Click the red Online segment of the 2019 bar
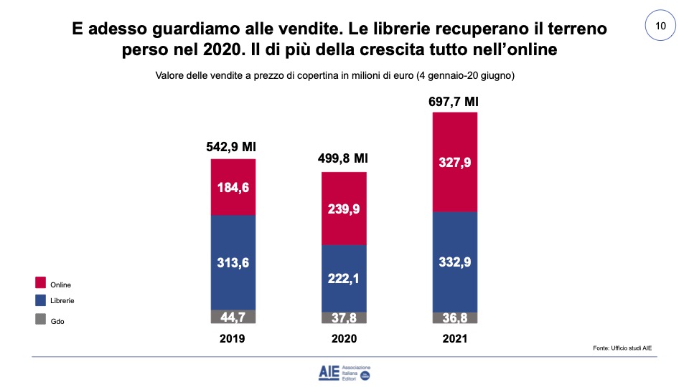click(233, 172)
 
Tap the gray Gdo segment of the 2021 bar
click(455, 317)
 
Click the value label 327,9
click(455, 162)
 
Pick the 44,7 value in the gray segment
click(233, 317)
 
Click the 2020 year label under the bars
click(344, 339)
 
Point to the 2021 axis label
click(455, 339)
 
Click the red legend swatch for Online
click(40, 283)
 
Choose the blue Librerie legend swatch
click(40, 301)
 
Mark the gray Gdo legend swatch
click(40, 320)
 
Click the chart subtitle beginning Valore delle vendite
click(336, 75)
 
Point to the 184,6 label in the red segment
click(233, 189)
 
